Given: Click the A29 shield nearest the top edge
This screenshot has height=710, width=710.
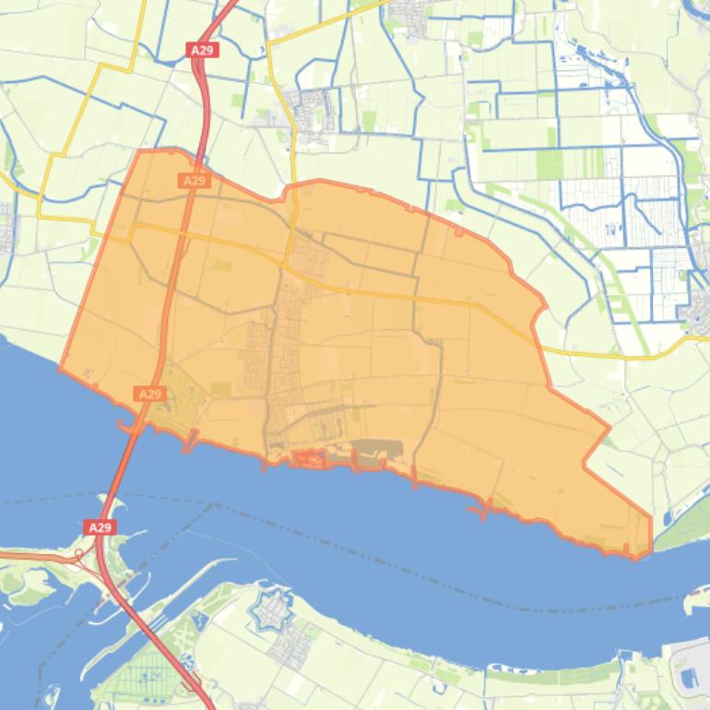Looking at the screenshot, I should click(x=203, y=50).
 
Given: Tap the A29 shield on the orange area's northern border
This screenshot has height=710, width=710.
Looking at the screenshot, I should click(x=194, y=181).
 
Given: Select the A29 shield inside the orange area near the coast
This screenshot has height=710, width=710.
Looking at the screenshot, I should click(x=149, y=394).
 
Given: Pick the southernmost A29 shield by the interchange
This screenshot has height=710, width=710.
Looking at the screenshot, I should click(x=101, y=527).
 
